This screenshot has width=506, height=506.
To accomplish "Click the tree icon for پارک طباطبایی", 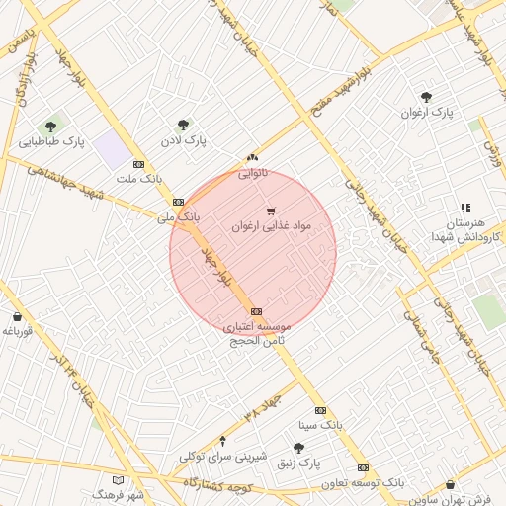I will (50, 126).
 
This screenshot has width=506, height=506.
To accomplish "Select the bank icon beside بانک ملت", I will (138, 164).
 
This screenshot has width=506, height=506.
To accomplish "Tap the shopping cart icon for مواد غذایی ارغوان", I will (271, 211).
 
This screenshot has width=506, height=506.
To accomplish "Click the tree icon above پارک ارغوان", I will (426, 97).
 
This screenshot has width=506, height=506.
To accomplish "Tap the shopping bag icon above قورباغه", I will (18, 317).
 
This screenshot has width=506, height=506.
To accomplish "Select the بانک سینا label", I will (320, 425).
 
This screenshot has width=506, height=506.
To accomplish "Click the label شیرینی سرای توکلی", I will (223, 457).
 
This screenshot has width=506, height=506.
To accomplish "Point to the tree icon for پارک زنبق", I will (298, 448).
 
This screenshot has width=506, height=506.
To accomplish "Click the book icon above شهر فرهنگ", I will (120, 479).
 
